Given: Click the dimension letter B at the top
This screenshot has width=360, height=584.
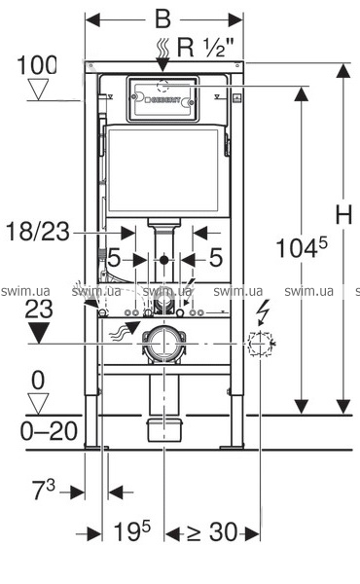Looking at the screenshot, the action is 163,19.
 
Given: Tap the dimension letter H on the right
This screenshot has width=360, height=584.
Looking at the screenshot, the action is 343,214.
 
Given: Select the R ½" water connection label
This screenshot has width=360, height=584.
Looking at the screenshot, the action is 205,48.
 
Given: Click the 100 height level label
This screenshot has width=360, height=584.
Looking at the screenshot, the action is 37,65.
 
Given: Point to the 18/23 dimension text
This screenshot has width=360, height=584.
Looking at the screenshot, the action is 38,232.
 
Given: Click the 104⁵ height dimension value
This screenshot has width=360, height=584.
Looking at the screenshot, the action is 302,247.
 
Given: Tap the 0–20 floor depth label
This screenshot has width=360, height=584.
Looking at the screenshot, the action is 49,431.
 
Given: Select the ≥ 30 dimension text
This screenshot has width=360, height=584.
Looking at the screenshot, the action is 212,532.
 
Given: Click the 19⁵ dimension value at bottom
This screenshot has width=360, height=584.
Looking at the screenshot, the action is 132,531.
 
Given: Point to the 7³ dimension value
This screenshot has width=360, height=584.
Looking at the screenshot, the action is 44,490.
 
